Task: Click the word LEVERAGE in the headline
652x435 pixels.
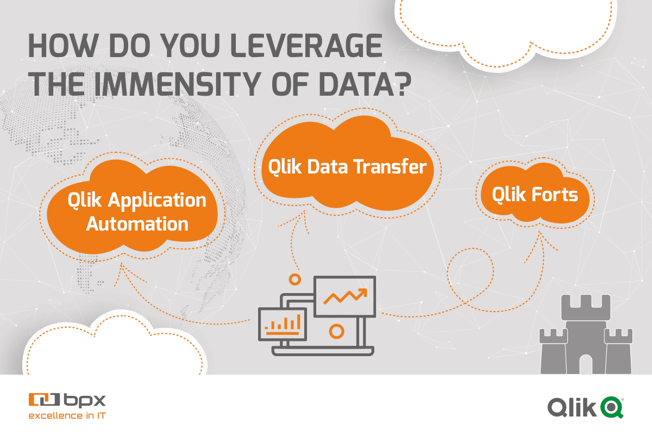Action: click(x=306, y=46)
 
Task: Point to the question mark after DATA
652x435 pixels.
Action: click(x=403, y=84)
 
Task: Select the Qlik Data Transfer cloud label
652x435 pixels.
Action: click(x=347, y=166)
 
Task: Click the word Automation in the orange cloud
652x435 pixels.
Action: click(x=137, y=224)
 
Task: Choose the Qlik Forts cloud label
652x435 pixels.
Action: click(x=535, y=194)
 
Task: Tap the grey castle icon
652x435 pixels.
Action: click(x=586, y=334)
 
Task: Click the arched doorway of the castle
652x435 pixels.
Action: click(x=586, y=364)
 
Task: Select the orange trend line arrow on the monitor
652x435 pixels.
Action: click(x=345, y=296)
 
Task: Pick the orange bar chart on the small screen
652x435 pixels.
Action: click(x=283, y=325)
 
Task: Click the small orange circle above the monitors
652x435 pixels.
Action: click(x=295, y=279)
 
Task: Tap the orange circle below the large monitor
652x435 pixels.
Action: click(x=336, y=331)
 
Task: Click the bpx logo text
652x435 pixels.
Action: click(x=85, y=400)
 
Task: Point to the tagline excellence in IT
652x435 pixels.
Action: click(x=67, y=415)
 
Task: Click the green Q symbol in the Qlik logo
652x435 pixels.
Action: click(x=612, y=407)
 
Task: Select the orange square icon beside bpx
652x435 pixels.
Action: click(x=44, y=400)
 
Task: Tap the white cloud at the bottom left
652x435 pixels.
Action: click(x=115, y=344)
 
